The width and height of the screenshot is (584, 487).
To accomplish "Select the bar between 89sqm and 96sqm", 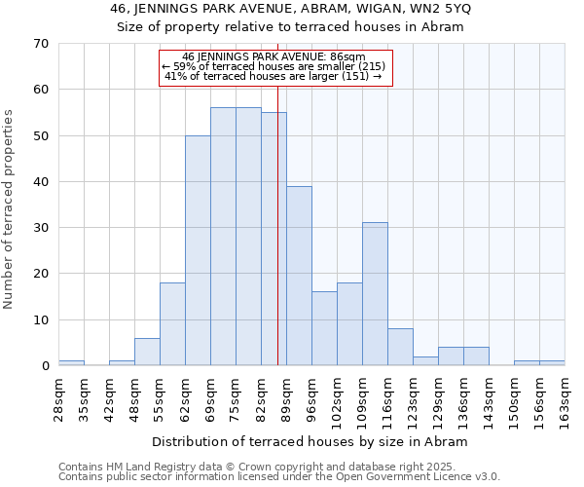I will pyautogui.click(x=299, y=277).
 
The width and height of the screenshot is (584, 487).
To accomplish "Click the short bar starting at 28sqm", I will pyautogui.click(x=71, y=363).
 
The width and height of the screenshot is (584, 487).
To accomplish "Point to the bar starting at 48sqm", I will pyautogui.click(x=147, y=352).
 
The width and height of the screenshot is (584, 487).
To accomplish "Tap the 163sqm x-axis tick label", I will pyautogui.click(x=566, y=398).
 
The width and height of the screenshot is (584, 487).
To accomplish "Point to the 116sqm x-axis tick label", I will pyautogui.click(x=388, y=398).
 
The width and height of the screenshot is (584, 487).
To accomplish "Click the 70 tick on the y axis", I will pyautogui.click(x=40, y=44).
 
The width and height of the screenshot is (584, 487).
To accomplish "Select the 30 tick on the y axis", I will pyautogui.click(x=40, y=228).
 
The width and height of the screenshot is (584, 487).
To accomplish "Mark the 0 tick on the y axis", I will pyautogui.click(x=44, y=366).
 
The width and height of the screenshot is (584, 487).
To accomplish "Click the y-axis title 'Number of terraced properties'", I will pyautogui.click(x=9, y=209).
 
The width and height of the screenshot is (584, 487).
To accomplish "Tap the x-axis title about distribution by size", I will pyautogui.click(x=310, y=442).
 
